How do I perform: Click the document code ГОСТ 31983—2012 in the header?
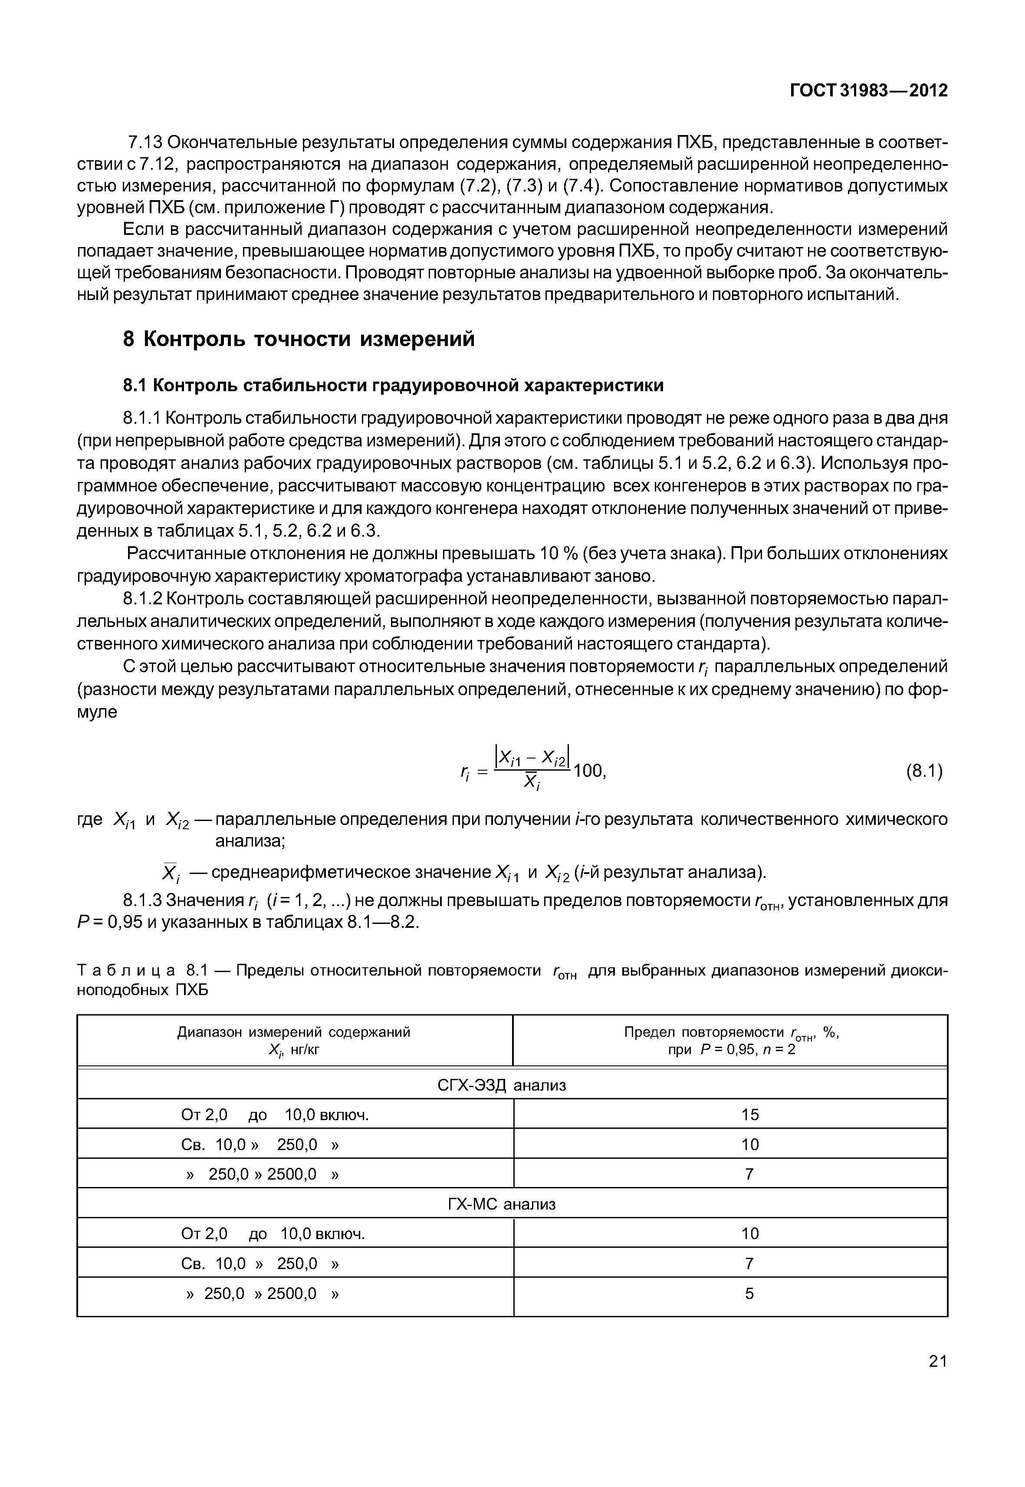(x=868, y=91)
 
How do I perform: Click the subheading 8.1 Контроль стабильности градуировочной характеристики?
(x=393, y=385)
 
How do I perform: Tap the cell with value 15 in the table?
(x=749, y=1114)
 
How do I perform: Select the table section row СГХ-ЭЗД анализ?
(x=502, y=1085)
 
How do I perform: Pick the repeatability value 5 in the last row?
(x=749, y=1293)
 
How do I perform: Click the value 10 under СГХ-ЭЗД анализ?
(x=749, y=1144)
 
